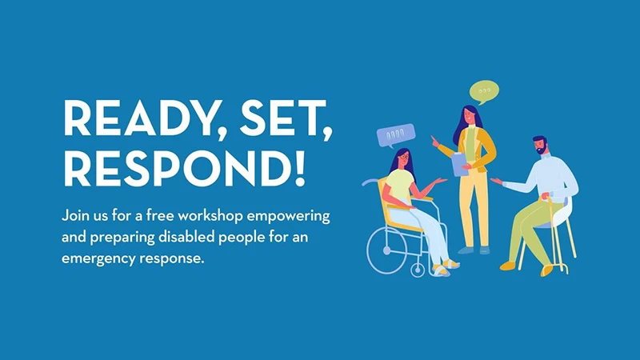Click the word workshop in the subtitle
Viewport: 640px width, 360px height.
click(210, 215)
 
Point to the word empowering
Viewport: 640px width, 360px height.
click(288, 216)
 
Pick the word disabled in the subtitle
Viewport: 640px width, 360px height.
click(186, 237)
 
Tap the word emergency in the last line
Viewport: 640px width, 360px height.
click(98, 259)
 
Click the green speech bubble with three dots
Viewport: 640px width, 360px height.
click(485, 91)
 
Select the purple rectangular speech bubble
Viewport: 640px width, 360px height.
click(395, 135)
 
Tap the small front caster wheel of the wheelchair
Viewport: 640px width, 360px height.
click(418, 270)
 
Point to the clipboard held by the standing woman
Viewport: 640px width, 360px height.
click(460, 165)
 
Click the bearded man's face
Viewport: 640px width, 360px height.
click(540, 146)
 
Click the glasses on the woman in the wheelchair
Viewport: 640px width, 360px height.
click(404, 156)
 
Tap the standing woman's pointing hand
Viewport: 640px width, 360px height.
click(435, 142)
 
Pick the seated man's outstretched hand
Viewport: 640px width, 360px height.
click(497, 181)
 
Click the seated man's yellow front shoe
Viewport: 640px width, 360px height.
click(508, 266)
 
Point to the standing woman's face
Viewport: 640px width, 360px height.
click(470, 116)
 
